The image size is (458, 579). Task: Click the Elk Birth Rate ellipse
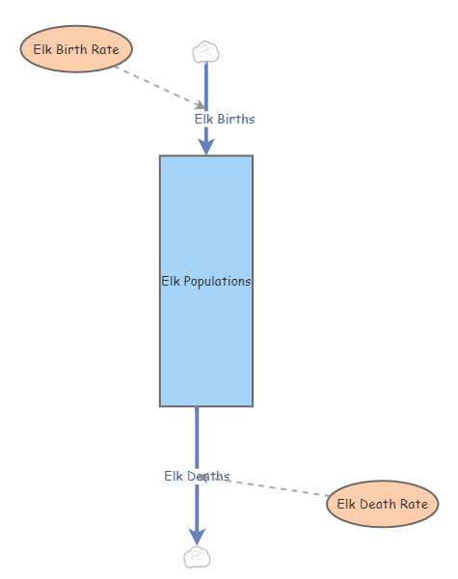(x=76, y=48)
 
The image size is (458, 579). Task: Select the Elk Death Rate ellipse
(x=383, y=503)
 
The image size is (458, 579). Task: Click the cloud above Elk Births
(x=205, y=51)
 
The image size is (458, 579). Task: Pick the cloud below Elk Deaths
(x=197, y=557)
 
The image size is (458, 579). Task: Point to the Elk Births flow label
(x=225, y=119)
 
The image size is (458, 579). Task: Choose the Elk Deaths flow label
(x=197, y=476)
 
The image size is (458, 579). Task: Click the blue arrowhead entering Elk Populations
(x=205, y=145)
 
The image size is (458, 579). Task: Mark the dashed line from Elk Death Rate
(x=280, y=487)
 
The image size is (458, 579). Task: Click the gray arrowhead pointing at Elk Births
(x=200, y=104)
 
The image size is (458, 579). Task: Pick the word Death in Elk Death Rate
(x=380, y=503)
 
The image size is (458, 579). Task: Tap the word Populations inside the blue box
(x=219, y=282)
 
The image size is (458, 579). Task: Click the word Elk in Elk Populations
(x=171, y=282)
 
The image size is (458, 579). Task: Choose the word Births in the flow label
(x=236, y=119)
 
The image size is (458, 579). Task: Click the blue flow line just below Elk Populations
(x=197, y=429)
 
